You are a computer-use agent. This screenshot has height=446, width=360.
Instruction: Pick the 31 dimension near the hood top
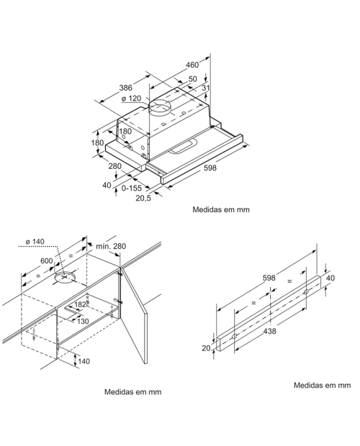point(206,88)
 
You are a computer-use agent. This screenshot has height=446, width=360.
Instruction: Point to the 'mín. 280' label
point(110,247)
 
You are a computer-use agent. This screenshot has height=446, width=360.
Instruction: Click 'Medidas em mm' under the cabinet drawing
point(132,392)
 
